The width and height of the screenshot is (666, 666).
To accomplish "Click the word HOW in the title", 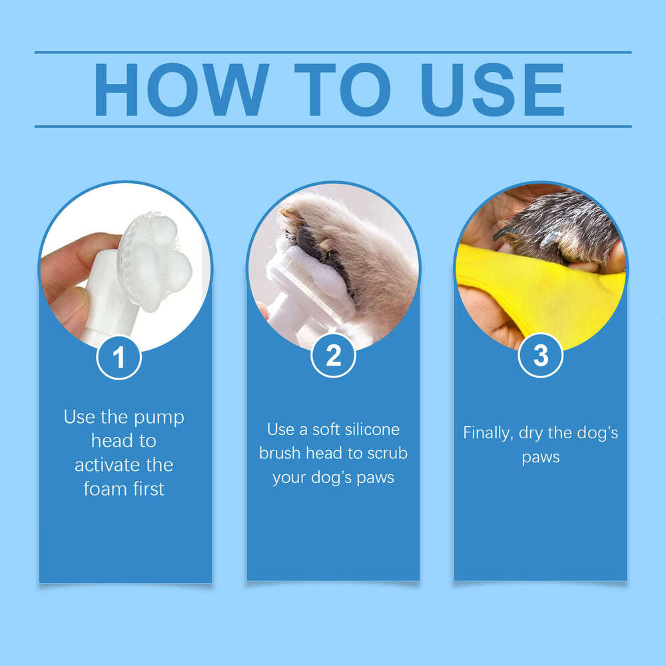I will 181,90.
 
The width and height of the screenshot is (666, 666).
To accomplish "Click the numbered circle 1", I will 119,358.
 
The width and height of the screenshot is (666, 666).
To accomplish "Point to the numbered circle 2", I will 333,356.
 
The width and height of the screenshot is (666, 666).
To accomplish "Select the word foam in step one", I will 104,489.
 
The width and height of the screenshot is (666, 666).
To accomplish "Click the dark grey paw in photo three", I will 559,226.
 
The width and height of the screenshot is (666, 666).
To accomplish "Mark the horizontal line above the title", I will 333,52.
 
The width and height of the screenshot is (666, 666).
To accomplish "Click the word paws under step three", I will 540,458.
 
